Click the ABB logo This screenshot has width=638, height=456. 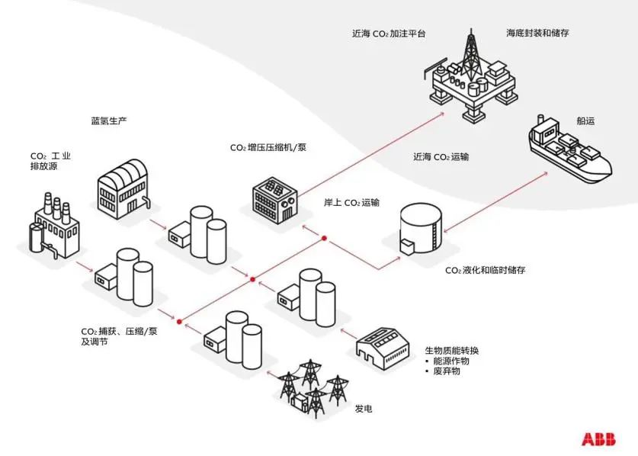click(x=598, y=439)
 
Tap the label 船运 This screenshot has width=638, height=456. click(x=585, y=121)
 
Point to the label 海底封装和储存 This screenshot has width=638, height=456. click(x=537, y=34)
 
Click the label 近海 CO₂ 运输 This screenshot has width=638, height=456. click(x=441, y=157)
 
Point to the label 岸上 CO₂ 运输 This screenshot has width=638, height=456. click(x=351, y=203)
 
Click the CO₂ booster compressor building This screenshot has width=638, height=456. click(x=275, y=199)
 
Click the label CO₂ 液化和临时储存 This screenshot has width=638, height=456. click(x=485, y=271)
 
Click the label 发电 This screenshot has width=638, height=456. click(x=364, y=409)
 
